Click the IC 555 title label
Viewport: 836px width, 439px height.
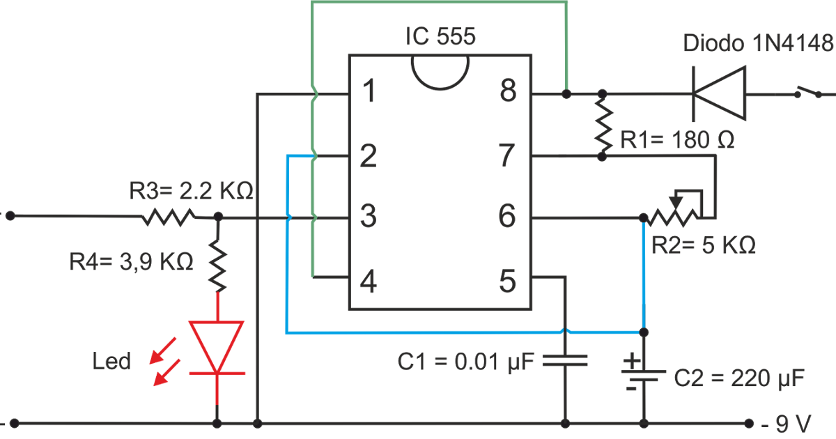(x=440, y=36)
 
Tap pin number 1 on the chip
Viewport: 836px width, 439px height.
(x=369, y=92)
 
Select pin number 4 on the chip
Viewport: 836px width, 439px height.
(x=369, y=282)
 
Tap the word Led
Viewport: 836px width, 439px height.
(x=111, y=361)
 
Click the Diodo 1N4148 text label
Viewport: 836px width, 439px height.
(x=758, y=44)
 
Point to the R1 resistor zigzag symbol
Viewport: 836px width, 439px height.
(x=602, y=125)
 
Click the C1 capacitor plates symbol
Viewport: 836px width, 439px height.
(x=565, y=360)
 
